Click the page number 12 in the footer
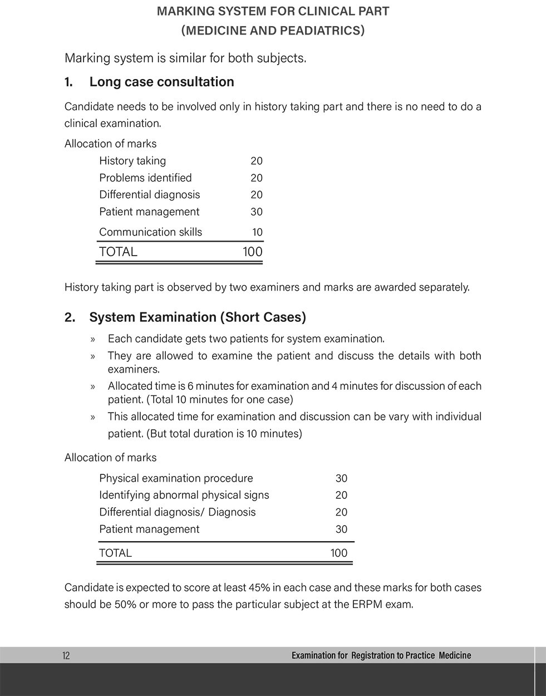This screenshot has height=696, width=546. pos(66,655)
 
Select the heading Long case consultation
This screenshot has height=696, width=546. pos(161,82)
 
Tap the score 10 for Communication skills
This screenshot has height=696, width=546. pos(257,232)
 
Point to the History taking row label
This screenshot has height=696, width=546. pos(132,161)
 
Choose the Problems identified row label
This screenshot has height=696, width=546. pos(145,178)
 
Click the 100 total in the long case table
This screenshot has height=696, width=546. pos(253,252)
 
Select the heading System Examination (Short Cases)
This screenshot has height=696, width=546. pos(198,317)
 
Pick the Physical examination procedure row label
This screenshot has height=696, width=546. pos(176,478)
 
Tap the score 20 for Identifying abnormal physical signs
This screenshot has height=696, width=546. pos(341,496)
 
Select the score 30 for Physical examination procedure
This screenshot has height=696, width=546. pos(341,478)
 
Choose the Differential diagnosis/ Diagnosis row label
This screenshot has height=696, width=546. pos(178,512)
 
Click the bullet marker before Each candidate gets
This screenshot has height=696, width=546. pos(93,339)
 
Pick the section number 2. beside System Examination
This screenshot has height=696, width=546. pos(70,317)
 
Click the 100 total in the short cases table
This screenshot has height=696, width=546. pos(338,553)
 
